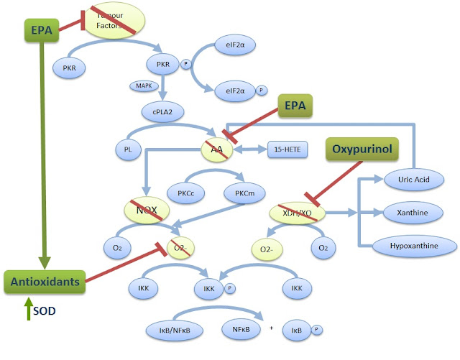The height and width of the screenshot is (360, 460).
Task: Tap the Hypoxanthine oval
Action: [414, 246]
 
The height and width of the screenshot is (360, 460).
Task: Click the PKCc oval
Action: [184, 193]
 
